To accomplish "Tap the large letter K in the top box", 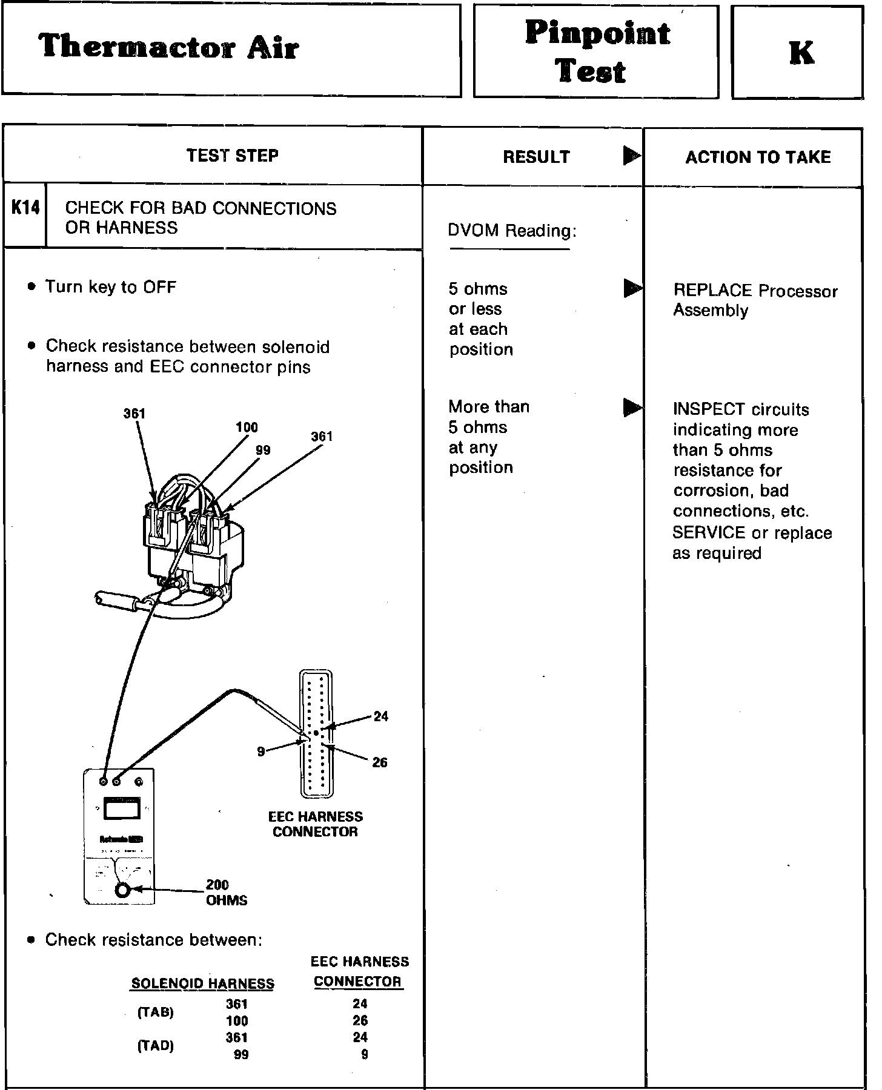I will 801,53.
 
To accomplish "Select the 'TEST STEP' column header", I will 233,156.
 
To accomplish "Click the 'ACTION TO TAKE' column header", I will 757,157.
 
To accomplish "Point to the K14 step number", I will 25,208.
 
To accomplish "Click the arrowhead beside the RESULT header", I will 632,156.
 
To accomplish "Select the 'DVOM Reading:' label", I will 512,231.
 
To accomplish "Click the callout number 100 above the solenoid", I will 247,428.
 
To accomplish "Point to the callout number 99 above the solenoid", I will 263,450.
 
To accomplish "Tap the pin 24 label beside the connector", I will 380,717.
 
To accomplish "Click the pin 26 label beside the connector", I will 380,762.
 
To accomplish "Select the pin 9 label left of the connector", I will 261,751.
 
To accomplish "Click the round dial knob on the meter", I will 122,890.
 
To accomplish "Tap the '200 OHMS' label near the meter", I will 226,893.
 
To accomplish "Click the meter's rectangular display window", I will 122,808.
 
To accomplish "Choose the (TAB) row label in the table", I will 156,1012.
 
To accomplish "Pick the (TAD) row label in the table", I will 156,1046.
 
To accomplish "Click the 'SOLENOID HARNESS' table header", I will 202,984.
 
